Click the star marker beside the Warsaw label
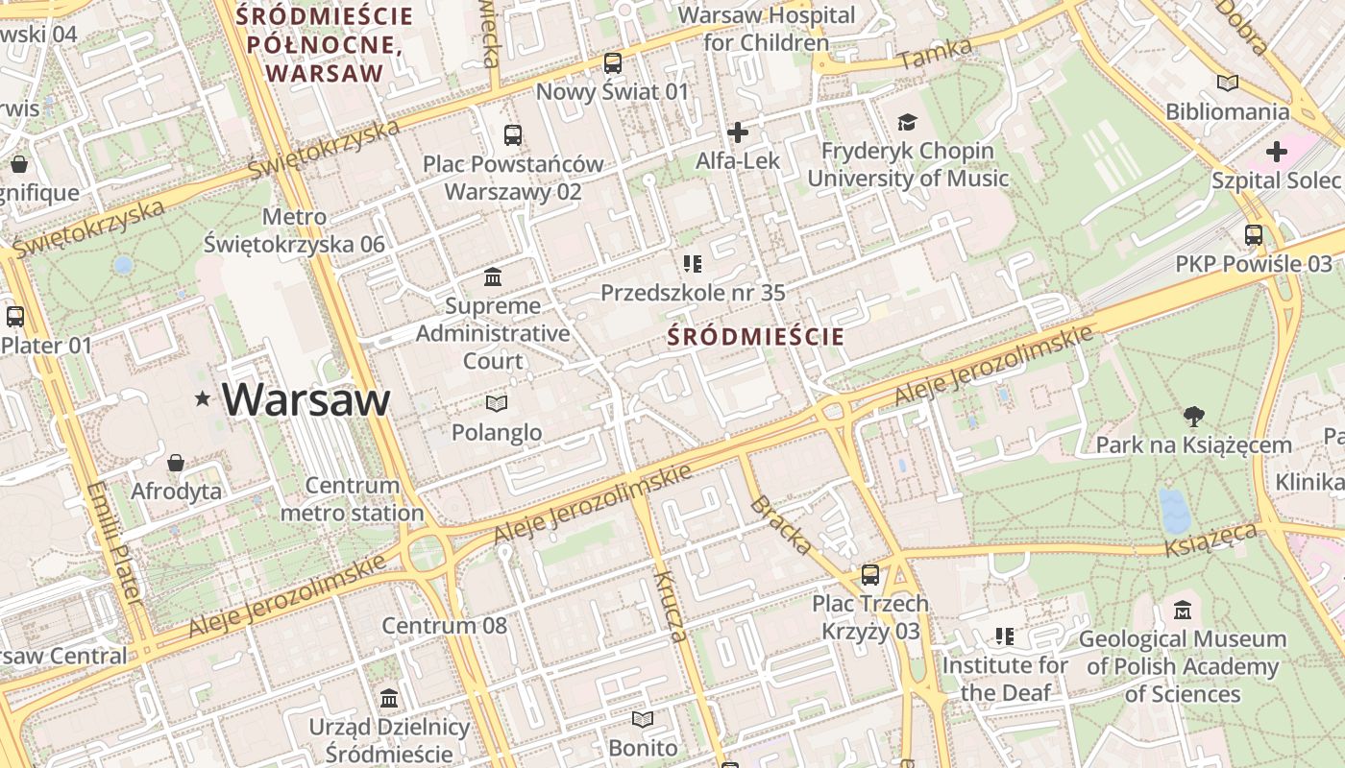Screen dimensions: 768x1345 202,398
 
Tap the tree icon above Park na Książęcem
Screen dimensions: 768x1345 1194,417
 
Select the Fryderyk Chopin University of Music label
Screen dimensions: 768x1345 907,164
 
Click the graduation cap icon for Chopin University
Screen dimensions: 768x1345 907,122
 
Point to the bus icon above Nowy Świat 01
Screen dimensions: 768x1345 612,64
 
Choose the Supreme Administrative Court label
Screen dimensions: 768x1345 493,333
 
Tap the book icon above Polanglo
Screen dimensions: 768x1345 496,403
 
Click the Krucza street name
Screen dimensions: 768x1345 670,605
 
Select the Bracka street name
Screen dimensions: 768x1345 781,524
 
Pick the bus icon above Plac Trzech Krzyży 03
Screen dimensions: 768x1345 869,575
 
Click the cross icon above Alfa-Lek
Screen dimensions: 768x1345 738,132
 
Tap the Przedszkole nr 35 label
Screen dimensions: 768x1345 693,293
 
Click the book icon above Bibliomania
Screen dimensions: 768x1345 1227,84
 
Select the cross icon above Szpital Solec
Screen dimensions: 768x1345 1276,152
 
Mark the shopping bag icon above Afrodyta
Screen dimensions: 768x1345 176,464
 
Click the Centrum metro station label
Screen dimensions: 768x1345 352,499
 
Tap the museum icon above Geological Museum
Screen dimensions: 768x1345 1182,610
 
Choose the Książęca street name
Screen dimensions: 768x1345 1211,540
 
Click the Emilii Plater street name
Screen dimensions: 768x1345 113,542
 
